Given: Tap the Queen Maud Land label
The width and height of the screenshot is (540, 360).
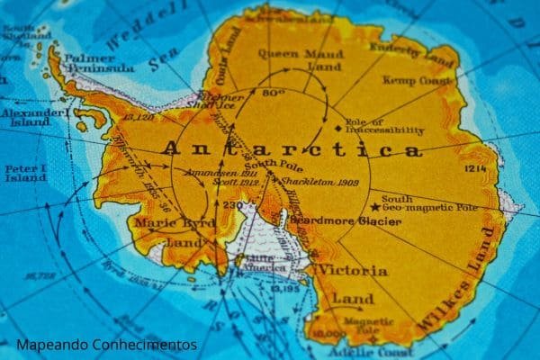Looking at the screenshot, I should click(291, 58).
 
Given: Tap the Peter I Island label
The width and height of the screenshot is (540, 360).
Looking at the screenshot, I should click(25, 173).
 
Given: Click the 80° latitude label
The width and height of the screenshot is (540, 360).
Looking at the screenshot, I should click(273, 93).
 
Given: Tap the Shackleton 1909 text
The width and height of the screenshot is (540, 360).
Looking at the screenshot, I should click(307, 182).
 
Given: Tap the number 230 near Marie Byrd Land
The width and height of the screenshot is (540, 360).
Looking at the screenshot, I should click(233, 206).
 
